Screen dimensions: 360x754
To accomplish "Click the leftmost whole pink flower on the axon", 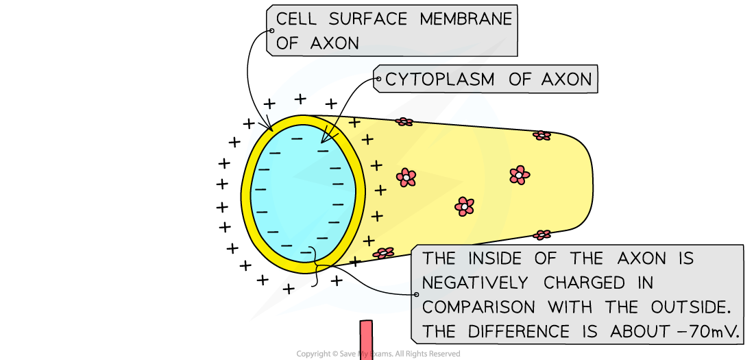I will (x=406, y=178).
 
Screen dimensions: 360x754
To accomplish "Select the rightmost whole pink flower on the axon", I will (x=520, y=175).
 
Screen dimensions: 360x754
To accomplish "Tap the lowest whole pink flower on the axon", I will (x=464, y=206).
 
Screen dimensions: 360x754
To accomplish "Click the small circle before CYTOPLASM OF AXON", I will (x=377, y=80).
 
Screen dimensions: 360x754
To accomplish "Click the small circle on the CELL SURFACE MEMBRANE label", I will (x=271, y=31).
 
